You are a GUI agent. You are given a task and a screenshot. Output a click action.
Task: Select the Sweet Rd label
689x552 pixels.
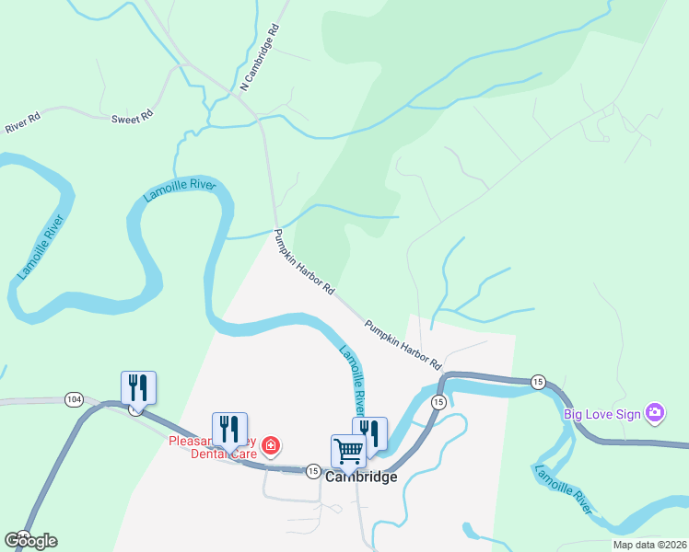[x=132, y=118]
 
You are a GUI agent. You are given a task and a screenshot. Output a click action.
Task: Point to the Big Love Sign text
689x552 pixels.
[x=601, y=414]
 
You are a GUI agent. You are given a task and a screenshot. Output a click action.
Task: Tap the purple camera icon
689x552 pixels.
[x=655, y=413]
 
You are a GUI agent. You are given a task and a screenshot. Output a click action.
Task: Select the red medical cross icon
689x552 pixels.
[x=271, y=446]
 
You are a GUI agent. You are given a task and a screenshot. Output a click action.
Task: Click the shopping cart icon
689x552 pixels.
[x=348, y=451]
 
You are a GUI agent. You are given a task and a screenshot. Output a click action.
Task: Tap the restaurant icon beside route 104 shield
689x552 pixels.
[x=138, y=386]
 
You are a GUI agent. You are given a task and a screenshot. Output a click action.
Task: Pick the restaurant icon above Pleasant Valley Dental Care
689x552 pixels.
[x=229, y=428]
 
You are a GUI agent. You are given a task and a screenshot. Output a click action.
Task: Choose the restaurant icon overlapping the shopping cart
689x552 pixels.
[x=371, y=432]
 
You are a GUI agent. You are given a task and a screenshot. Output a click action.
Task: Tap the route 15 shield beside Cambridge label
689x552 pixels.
[x=313, y=471]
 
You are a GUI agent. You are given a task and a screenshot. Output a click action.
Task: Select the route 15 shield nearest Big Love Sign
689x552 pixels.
[x=538, y=381]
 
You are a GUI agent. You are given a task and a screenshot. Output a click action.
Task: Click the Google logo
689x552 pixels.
[x=30, y=541]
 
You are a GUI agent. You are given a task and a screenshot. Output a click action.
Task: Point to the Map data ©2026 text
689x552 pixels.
[x=637, y=545]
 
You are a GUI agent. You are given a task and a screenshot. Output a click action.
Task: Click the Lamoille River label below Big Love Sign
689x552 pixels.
[x=562, y=488]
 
